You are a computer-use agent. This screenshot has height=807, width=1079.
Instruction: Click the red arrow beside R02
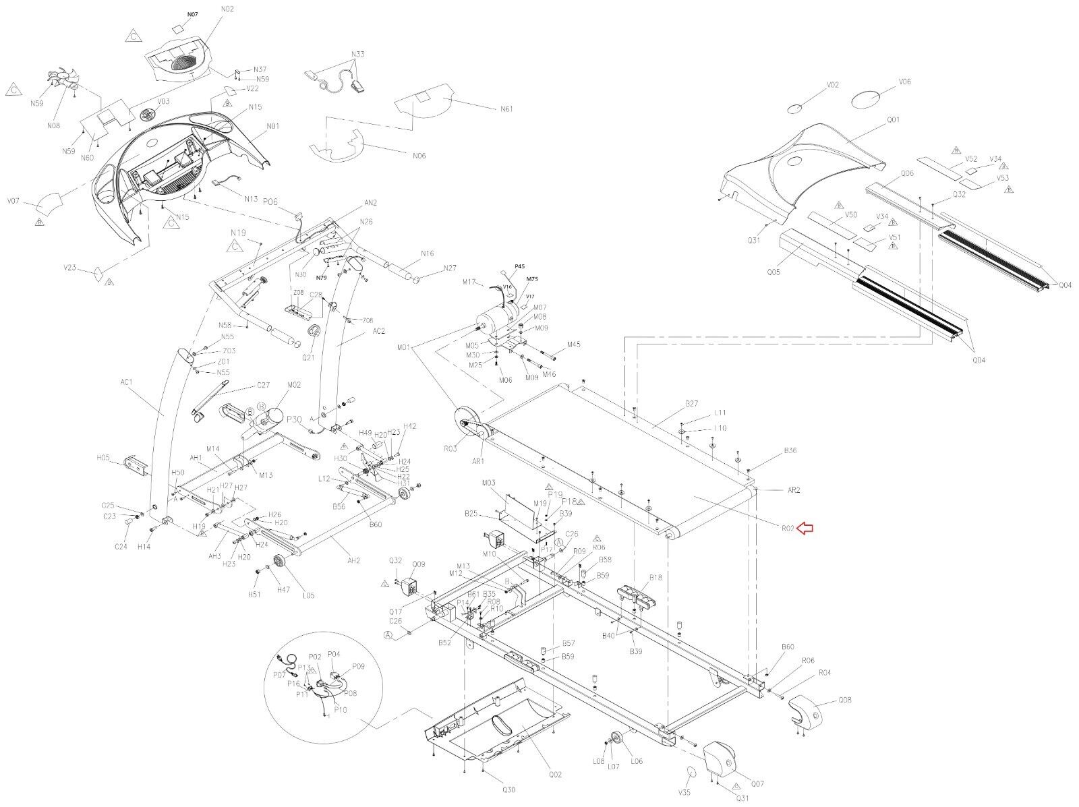tap(805, 529)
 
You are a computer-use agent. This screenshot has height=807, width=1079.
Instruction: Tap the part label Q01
tap(893, 120)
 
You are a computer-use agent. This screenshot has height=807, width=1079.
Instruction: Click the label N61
tap(506, 109)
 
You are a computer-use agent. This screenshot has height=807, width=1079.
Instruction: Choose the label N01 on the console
tap(272, 126)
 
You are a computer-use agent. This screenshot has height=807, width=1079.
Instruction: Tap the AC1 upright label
tap(127, 382)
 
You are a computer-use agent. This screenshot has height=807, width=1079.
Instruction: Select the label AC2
tap(378, 331)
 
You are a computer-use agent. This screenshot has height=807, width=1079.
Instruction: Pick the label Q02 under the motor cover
tap(555, 775)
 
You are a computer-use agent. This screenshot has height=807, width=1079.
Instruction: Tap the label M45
tap(573, 345)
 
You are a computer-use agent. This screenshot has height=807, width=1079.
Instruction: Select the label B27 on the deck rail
tap(691, 404)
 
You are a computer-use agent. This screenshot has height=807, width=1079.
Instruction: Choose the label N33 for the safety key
tap(357, 53)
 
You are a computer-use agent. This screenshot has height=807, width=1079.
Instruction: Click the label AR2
tap(793, 490)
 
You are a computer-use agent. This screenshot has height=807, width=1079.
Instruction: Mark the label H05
tap(103, 458)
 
